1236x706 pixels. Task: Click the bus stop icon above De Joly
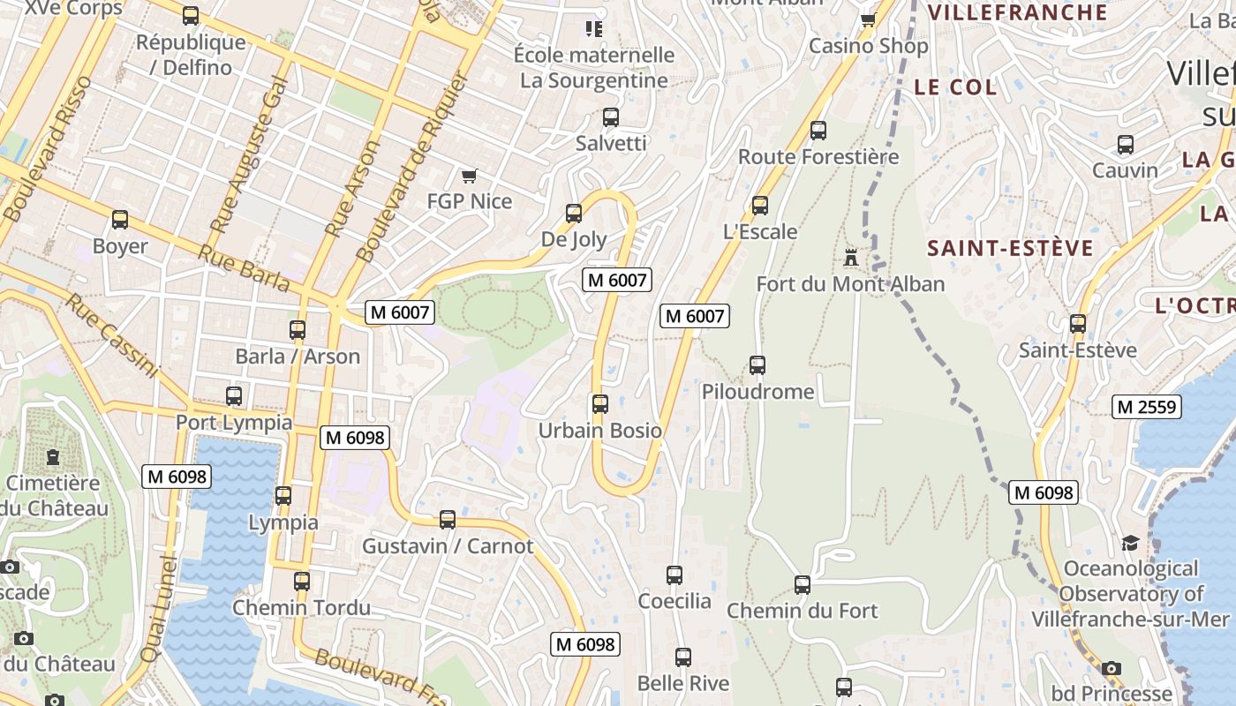pos(574,213)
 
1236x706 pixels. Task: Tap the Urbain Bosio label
pos(600,431)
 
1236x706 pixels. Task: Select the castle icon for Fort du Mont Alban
pos(851,257)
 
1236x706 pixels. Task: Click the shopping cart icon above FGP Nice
pos(469,176)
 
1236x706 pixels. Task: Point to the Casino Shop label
pos(869,46)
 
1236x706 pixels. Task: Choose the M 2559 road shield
pos(1146,406)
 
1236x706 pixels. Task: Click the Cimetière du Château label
pos(54,496)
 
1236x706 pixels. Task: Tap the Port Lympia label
pos(234,422)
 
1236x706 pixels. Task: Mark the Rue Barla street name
pos(244,267)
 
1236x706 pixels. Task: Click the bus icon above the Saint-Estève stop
pos(1078,324)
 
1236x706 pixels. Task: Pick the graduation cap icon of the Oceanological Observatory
pos(1130,542)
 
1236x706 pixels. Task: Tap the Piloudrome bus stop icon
pos(757,364)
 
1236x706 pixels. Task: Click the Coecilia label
pos(675,601)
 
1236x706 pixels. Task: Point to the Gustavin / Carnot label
pos(448,545)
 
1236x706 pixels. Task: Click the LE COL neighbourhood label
pos(955,87)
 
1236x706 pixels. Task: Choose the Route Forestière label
pos(818,157)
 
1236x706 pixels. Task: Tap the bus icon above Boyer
pos(120,220)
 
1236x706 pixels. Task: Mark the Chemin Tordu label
pos(301,607)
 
